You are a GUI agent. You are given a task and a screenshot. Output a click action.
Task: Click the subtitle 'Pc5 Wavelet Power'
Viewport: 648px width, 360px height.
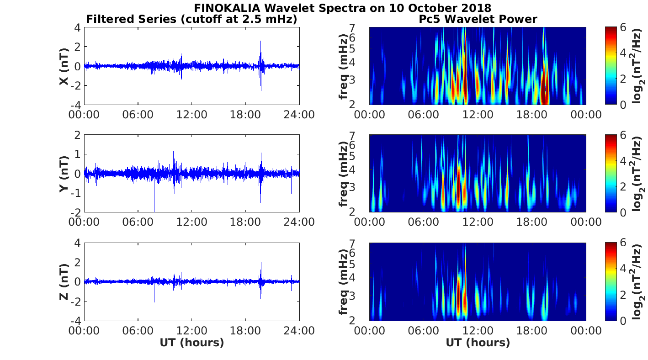(x=478, y=19)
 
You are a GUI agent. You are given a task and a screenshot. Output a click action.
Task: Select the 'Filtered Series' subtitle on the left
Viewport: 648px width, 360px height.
(x=192, y=19)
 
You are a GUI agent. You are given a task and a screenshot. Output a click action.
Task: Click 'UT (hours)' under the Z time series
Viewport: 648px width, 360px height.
(x=192, y=342)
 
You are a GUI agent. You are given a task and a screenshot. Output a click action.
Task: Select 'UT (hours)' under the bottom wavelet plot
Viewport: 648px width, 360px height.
(x=478, y=342)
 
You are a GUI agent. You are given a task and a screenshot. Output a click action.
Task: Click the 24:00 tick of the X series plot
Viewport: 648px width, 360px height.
(x=299, y=114)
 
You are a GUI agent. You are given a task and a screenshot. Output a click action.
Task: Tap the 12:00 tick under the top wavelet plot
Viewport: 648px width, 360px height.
(x=478, y=114)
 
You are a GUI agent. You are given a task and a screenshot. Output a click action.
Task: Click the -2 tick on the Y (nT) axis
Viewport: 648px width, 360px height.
(x=76, y=212)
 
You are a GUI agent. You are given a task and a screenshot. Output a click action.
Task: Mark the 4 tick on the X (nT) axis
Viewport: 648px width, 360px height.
(x=78, y=27)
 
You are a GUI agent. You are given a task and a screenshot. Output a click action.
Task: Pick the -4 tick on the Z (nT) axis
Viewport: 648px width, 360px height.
(x=76, y=320)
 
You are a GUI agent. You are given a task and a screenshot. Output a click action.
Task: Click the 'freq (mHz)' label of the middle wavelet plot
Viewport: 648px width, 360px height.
(x=343, y=174)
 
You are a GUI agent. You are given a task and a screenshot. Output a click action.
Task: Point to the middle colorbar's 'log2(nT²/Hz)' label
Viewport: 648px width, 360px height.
(x=638, y=174)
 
